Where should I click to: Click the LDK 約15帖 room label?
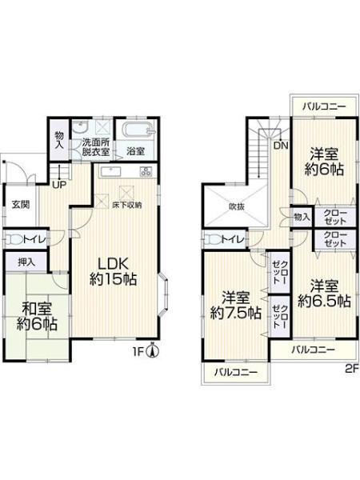click(x=113, y=271)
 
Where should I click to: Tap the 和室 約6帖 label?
click(x=37, y=316)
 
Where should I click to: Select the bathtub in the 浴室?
click(x=137, y=130)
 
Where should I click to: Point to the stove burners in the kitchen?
click(x=146, y=171)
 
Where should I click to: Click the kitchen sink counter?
click(x=110, y=172)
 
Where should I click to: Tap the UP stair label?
click(x=58, y=186)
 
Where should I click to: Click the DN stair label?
click(x=281, y=146)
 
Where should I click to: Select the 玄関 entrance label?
click(x=21, y=204)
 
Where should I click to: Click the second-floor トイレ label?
click(x=233, y=239)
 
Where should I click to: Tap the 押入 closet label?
click(x=26, y=262)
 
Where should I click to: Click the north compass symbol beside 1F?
click(x=153, y=351)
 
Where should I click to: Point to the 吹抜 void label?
click(x=237, y=206)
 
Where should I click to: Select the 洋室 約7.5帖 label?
click(x=236, y=306)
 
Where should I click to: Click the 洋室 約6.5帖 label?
click(x=325, y=294)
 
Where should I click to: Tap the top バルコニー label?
click(x=325, y=107)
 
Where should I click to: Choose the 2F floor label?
click(x=352, y=369)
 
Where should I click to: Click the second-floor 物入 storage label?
click(x=302, y=217)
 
